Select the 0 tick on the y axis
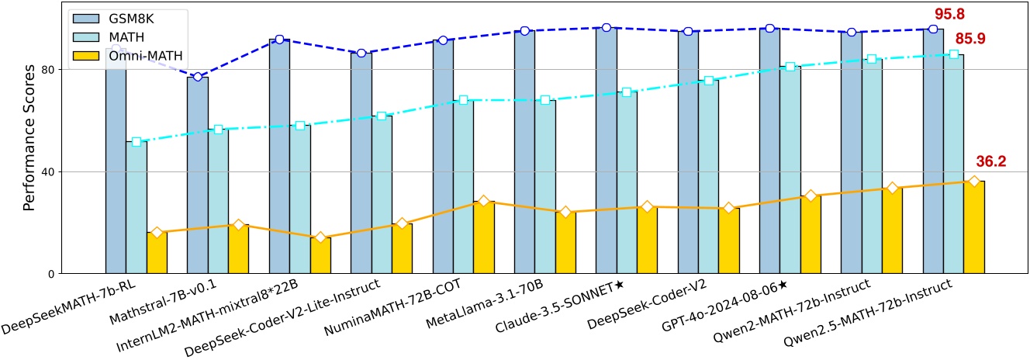(x=55, y=274)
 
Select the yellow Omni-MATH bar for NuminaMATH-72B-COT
(x=484, y=237)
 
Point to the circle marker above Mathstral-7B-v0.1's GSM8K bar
(x=198, y=77)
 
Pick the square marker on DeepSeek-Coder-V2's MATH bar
(x=708, y=81)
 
